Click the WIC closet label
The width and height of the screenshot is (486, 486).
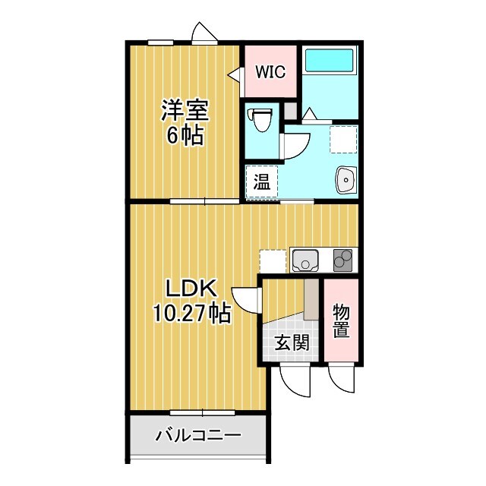[x=270, y=72]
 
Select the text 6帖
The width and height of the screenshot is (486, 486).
[x=185, y=137]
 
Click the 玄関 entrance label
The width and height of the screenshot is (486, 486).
[x=292, y=342]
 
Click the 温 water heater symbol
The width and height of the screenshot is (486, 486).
[x=261, y=182]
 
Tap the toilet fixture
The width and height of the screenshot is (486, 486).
[x=263, y=119]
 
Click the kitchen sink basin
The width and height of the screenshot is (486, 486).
[x=305, y=260]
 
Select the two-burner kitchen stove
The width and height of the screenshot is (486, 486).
[x=342, y=260]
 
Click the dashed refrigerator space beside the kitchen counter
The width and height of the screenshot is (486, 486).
[x=272, y=260]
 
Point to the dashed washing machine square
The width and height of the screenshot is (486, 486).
[x=343, y=139]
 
